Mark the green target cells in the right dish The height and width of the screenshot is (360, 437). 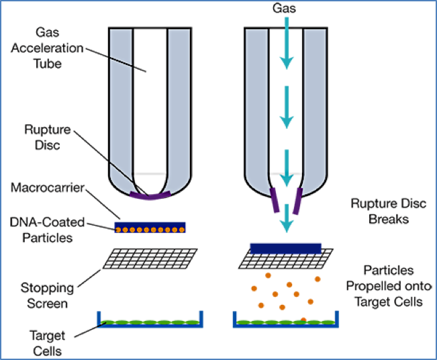click(x=285, y=322)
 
